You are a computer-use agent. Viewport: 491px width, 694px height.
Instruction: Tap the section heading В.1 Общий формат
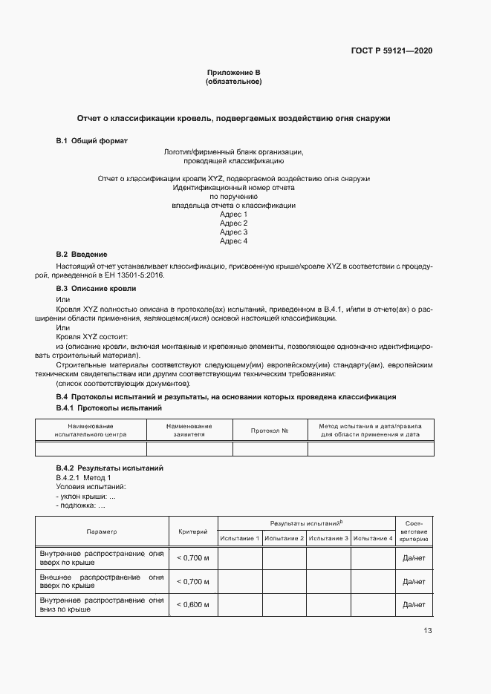(92, 141)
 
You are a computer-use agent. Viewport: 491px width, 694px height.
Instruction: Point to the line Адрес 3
(233, 232)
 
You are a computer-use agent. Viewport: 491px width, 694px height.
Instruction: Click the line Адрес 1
(233, 215)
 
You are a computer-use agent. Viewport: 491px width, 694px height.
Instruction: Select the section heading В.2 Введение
(82, 255)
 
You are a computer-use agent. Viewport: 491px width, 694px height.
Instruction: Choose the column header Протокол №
(270, 431)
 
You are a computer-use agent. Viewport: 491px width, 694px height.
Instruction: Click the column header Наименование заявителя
(189, 430)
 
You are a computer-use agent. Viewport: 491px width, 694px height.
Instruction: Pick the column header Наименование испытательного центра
(91, 430)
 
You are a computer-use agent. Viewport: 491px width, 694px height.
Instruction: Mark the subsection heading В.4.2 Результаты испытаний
(110, 468)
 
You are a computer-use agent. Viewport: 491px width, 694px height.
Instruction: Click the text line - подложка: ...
(80, 505)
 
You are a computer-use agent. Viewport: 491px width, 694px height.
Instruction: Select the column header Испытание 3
(329, 538)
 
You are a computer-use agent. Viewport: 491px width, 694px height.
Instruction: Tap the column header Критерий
(193, 531)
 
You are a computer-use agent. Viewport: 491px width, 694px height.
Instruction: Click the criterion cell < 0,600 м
(193, 605)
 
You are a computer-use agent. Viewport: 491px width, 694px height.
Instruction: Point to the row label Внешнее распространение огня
(101, 580)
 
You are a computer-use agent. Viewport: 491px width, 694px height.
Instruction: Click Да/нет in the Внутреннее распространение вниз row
(414, 605)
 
